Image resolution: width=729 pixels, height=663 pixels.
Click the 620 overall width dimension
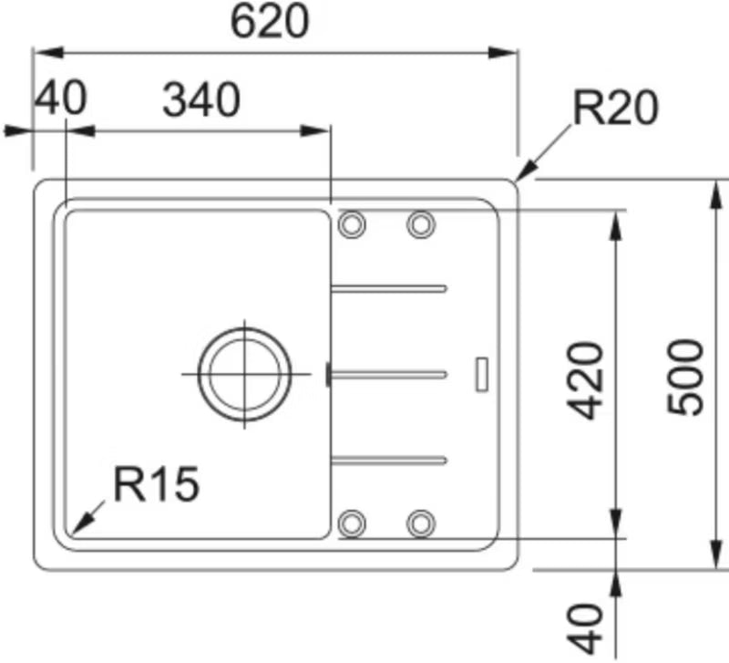click(269, 22)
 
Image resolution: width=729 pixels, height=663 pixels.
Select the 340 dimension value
click(201, 99)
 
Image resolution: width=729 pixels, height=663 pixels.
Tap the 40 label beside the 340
click(61, 98)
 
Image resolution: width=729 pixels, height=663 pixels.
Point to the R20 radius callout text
click(616, 108)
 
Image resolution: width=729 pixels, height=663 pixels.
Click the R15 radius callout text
click(157, 484)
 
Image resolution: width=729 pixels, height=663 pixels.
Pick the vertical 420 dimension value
click(584, 380)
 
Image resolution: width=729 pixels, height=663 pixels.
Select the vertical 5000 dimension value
click(685, 377)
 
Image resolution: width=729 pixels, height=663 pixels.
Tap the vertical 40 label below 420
click(584, 629)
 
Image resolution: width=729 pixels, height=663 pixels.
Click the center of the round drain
click(244, 374)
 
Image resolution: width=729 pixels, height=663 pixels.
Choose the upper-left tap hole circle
click(352, 224)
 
